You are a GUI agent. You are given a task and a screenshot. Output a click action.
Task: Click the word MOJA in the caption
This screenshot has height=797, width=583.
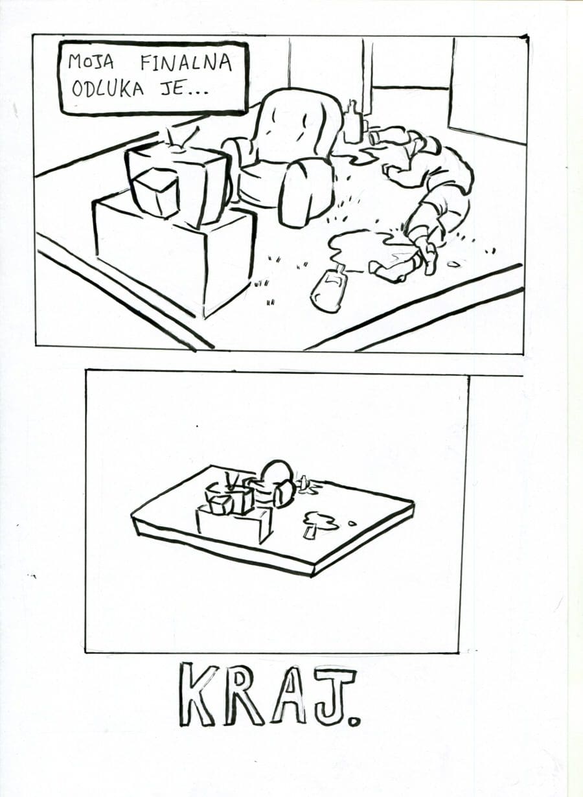click(x=91, y=62)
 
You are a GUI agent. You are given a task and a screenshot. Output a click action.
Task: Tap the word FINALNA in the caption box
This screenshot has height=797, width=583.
click(x=186, y=63)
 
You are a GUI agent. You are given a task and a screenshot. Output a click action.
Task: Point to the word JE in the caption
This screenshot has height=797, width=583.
click(x=172, y=89)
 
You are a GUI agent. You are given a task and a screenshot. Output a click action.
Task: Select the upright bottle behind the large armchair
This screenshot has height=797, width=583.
click(x=352, y=122)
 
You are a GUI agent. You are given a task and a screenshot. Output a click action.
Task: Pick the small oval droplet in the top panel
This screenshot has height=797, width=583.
click(x=453, y=264)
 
